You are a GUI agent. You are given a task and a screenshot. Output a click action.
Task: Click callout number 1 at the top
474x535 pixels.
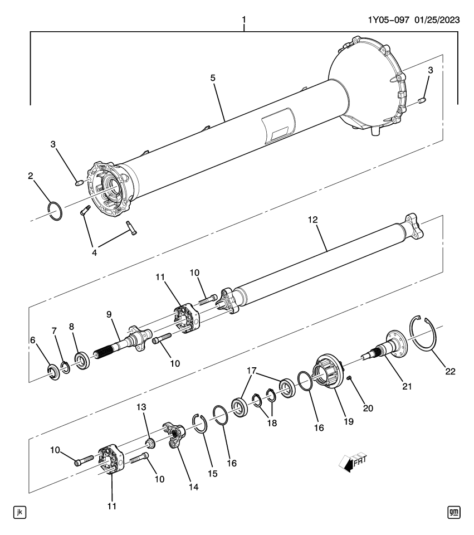coord(243,21)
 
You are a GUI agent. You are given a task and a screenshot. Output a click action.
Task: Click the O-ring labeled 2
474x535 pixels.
coord(55,212)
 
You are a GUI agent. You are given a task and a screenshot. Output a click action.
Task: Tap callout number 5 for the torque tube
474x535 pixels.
coord(213,77)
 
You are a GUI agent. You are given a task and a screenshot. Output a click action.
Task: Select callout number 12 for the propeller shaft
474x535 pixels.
coord(313,220)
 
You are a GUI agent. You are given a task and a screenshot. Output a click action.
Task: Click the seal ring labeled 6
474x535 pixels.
coord(53,372)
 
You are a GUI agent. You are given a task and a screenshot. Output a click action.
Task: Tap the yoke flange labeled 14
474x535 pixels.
coord(174,436)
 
